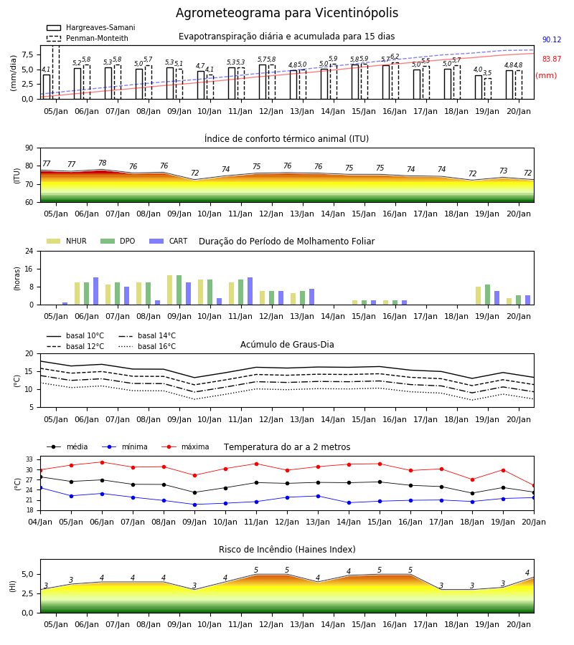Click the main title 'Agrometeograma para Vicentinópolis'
287,13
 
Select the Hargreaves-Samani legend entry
91,27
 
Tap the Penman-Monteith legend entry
88,38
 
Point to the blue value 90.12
552,40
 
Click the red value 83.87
552,59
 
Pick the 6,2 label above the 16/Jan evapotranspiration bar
395,57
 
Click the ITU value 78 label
103,163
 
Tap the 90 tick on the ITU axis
29,148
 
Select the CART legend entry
169,241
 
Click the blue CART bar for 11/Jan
250,291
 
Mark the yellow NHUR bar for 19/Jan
478,296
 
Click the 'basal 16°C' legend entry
147,346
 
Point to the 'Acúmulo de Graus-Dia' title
287,345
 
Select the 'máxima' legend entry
186,446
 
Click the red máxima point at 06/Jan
102,462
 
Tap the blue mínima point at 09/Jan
194,505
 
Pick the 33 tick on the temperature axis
29,459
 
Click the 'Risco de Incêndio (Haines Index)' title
287,550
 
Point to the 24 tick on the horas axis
29,252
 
